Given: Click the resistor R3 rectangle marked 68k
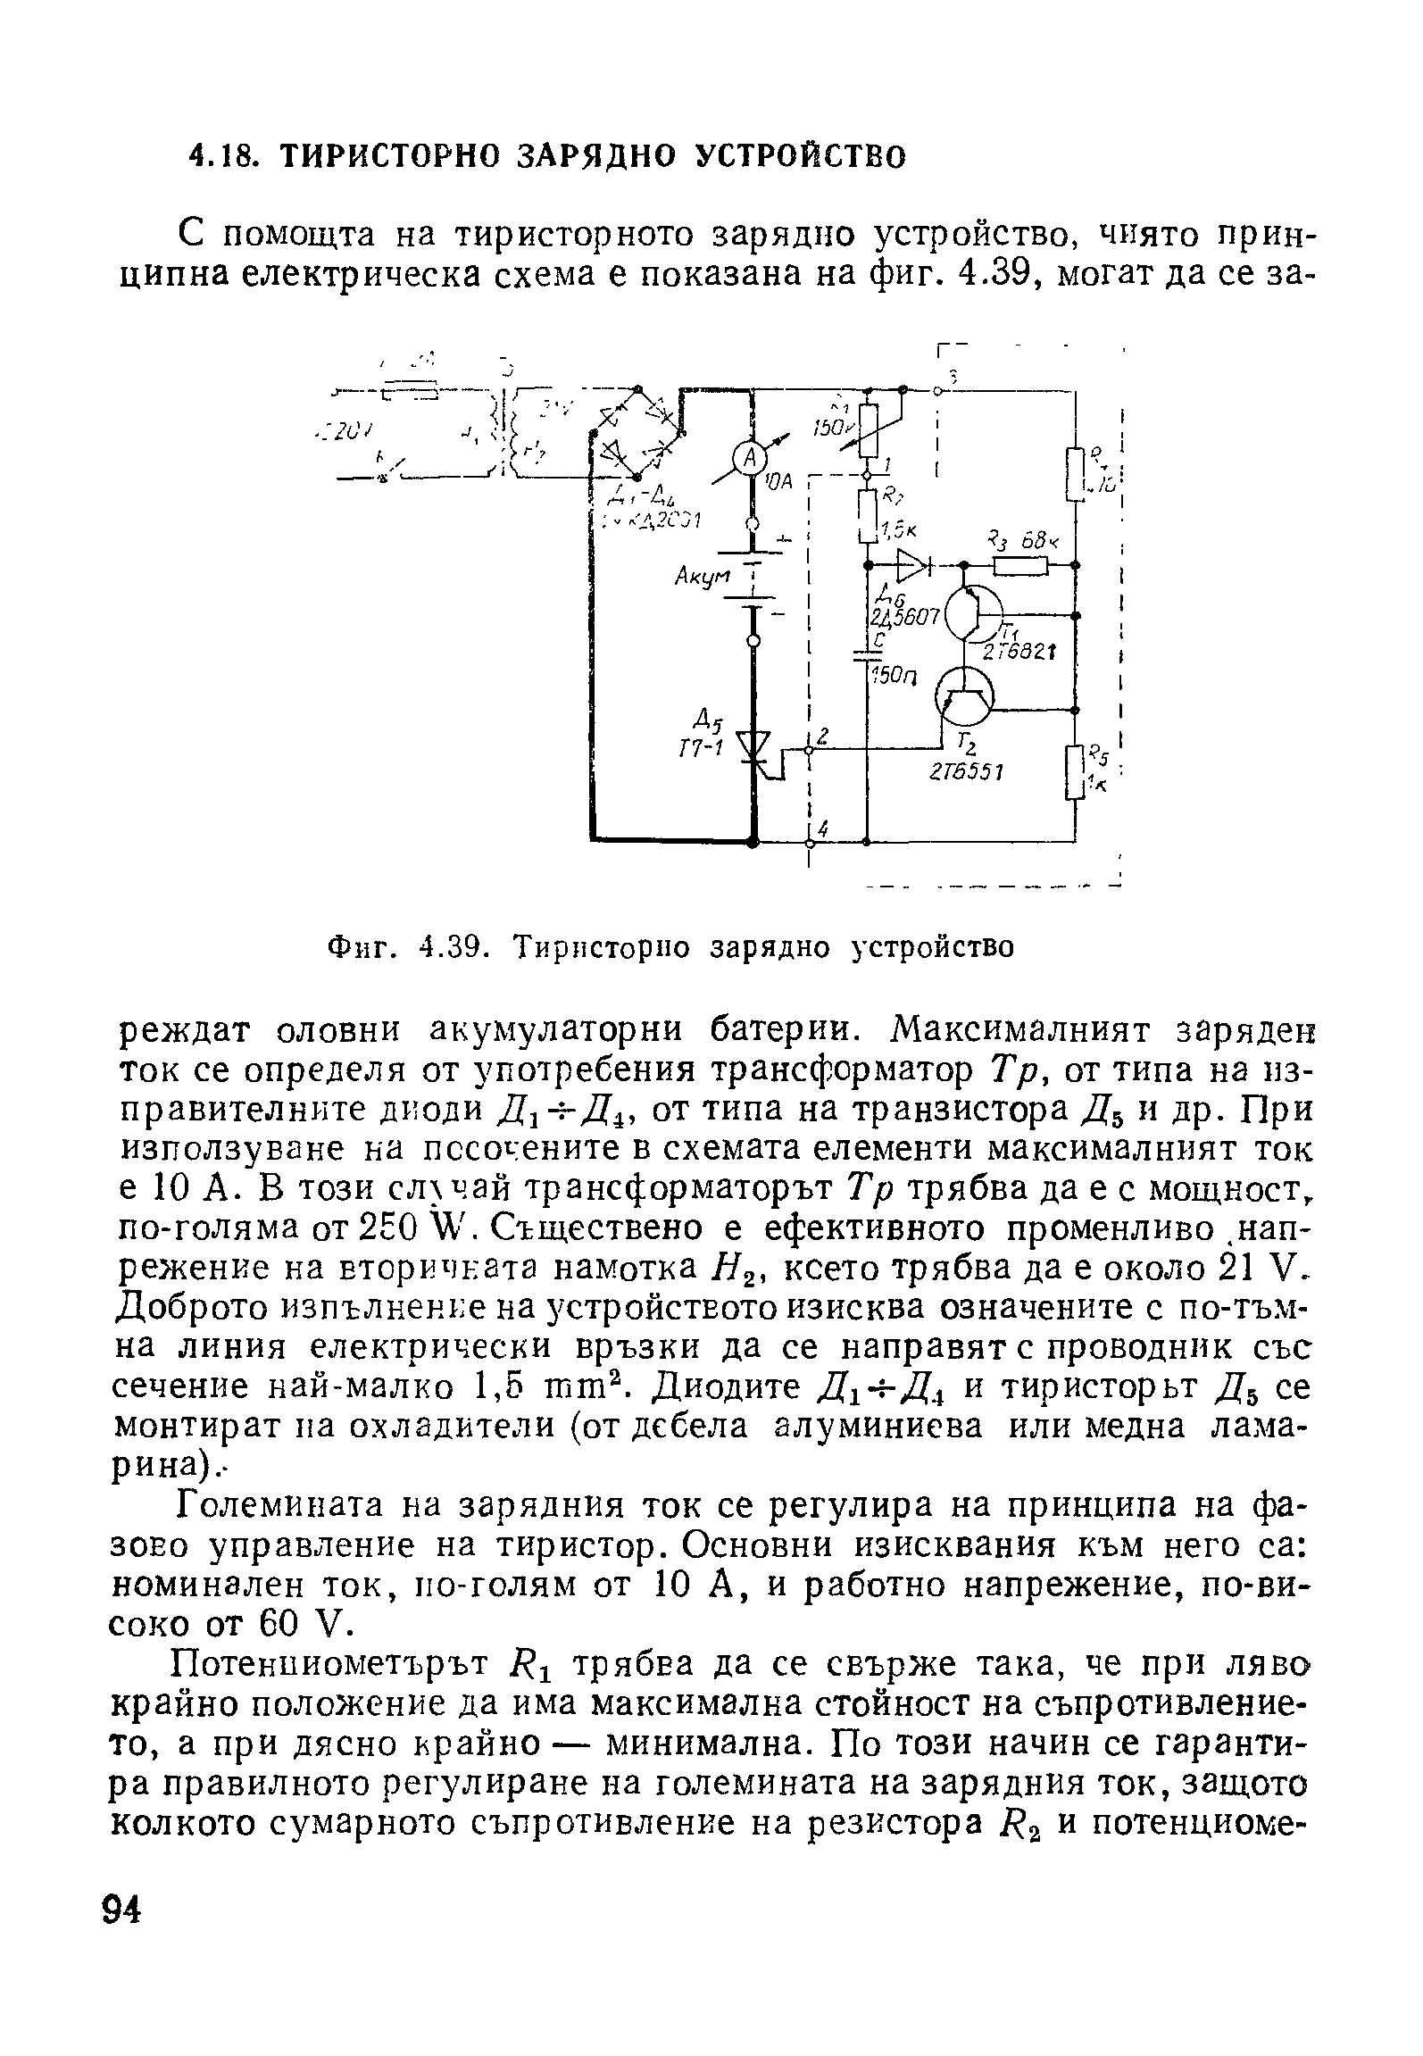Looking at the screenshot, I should tap(1019, 564).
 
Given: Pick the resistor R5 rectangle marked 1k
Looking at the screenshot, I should tap(1076, 775).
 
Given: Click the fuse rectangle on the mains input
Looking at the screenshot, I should tap(411, 393).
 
